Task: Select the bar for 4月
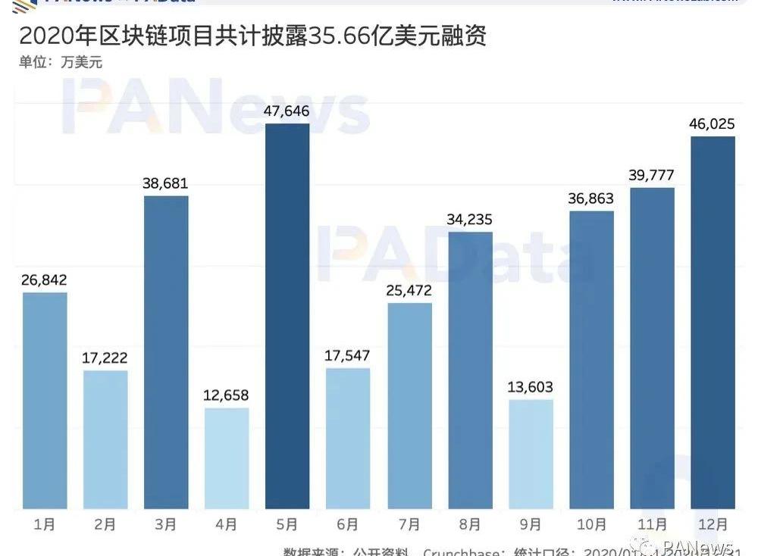point(227,458)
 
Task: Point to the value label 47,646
point(287,111)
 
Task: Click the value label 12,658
point(227,395)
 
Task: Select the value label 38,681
point(166,183)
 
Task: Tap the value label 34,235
point(470,220)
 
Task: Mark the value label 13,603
point(531,387)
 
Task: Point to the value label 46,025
point(713,124)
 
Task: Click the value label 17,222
point(105,358)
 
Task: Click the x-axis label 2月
point(105,523)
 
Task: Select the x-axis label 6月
point(349,523)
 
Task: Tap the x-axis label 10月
point(591,523)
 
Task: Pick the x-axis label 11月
point(652,523)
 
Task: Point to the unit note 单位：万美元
point(61,62)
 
